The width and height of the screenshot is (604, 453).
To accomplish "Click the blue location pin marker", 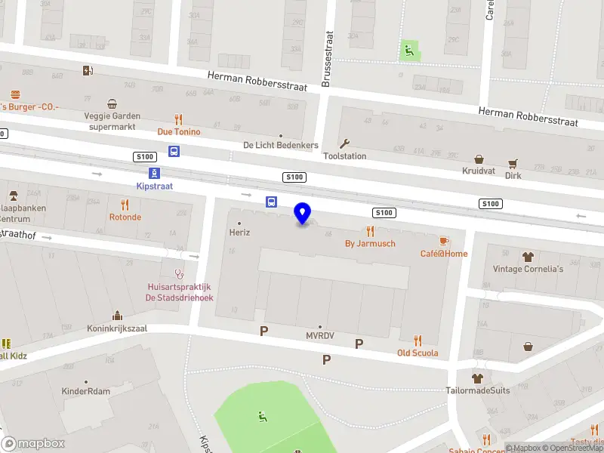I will [303, 214].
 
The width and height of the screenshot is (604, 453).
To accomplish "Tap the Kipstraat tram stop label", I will [154, 186].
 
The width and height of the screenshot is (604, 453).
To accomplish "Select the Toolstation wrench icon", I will [345, 143].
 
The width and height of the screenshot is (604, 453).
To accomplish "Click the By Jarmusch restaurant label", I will [370, 243].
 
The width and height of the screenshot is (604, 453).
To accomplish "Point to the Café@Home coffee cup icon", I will [445, 240].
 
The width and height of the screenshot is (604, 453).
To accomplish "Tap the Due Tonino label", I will [179, 131].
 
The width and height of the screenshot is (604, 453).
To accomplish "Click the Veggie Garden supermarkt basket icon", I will [112, 103].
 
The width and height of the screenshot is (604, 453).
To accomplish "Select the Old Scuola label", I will [418, 353].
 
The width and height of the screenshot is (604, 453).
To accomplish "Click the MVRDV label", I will [320, 335].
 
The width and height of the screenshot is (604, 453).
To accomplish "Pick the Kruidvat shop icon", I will [479, 159].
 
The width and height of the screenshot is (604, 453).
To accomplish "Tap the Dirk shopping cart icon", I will [513, 163].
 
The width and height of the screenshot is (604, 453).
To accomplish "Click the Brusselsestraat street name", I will [327, 59].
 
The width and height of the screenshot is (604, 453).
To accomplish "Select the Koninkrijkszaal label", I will [117, 328].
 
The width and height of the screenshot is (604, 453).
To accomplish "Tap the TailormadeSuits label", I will [477, 390].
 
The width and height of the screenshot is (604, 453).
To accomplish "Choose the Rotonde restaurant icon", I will [125, 205].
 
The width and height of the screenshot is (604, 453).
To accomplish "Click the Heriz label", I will [239, 233].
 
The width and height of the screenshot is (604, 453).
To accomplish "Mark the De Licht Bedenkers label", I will [281, 145].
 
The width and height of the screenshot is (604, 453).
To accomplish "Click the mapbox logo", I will [33, 443].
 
